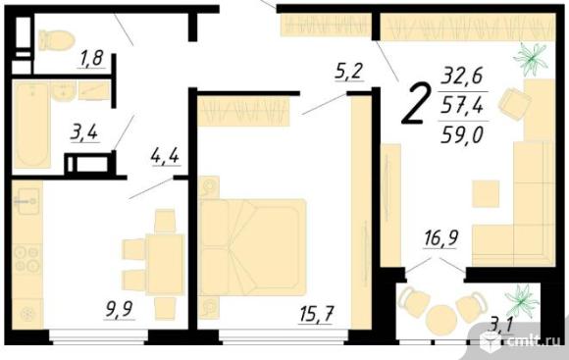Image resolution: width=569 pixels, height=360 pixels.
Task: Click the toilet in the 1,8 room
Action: (57, 40)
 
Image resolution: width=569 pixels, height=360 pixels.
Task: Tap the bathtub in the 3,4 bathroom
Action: (32, 125)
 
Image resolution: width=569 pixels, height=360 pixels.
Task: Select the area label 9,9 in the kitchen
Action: (120, 309)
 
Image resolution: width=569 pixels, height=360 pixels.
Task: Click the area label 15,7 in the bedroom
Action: (316, 314)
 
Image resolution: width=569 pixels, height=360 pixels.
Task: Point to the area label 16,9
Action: (440, 238)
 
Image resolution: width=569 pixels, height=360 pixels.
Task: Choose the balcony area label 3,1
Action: (501, 325)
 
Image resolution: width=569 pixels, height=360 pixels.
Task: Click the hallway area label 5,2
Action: (348, 72)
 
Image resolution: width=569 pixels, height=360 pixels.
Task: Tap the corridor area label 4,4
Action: (166, 157)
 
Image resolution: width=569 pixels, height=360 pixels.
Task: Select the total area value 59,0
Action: (462, 135)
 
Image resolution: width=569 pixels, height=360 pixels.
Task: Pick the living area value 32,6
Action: (462, 76)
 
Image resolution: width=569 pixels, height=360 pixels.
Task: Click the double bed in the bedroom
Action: (253, 247)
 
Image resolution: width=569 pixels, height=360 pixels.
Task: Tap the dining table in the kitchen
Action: (165, 264)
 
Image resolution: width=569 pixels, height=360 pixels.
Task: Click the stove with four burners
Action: (26, 260)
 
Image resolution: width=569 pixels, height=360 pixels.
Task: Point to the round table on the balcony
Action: (441, 320)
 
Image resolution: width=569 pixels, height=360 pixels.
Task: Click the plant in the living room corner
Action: (531, 59)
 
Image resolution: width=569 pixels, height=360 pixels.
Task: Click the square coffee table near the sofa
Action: (486, 194)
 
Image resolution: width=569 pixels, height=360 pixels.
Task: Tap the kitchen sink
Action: (26, 201)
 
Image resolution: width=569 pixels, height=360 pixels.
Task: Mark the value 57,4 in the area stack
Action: (462, 106)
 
